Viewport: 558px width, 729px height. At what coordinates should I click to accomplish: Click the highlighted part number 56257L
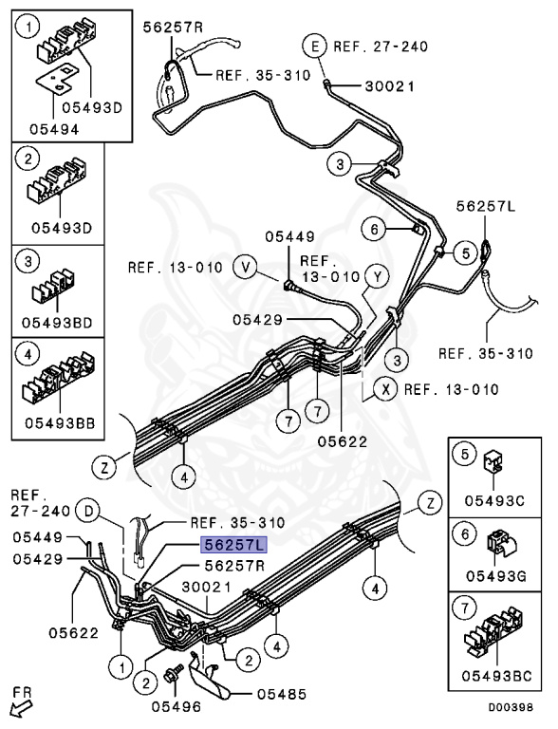[233, 544]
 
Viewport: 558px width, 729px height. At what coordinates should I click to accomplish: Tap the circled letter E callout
[316, 46]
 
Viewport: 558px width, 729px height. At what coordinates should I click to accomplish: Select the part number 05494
[54, 129]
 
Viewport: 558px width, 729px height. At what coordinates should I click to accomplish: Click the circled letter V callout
[246, 268]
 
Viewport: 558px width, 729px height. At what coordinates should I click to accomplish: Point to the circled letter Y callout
[378, 277]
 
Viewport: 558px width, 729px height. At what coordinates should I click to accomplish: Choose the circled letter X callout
[386, 389]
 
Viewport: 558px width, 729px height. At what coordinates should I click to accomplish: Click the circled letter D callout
[88, 512]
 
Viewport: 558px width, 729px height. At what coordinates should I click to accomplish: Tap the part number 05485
[282, 694]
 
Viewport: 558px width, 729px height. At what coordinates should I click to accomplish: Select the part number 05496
[177, 707]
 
